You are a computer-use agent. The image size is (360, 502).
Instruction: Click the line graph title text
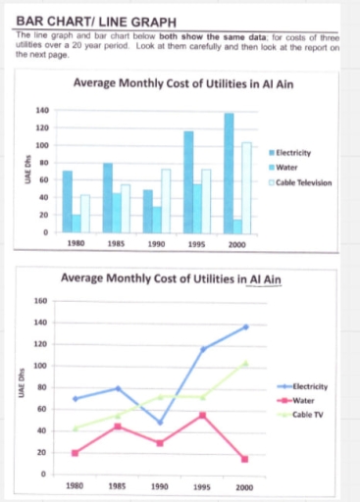[172, 280]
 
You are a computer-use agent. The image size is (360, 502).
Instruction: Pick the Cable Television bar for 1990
[166, 201]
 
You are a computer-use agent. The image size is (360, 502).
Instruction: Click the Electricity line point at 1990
[159, 423]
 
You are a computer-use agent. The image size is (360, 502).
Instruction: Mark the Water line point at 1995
[202, 415]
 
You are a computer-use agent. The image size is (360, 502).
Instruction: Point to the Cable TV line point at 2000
[244, 364]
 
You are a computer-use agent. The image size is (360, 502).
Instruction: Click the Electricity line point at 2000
[244, 326]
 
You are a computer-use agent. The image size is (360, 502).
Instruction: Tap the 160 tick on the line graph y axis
[40, 301]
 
